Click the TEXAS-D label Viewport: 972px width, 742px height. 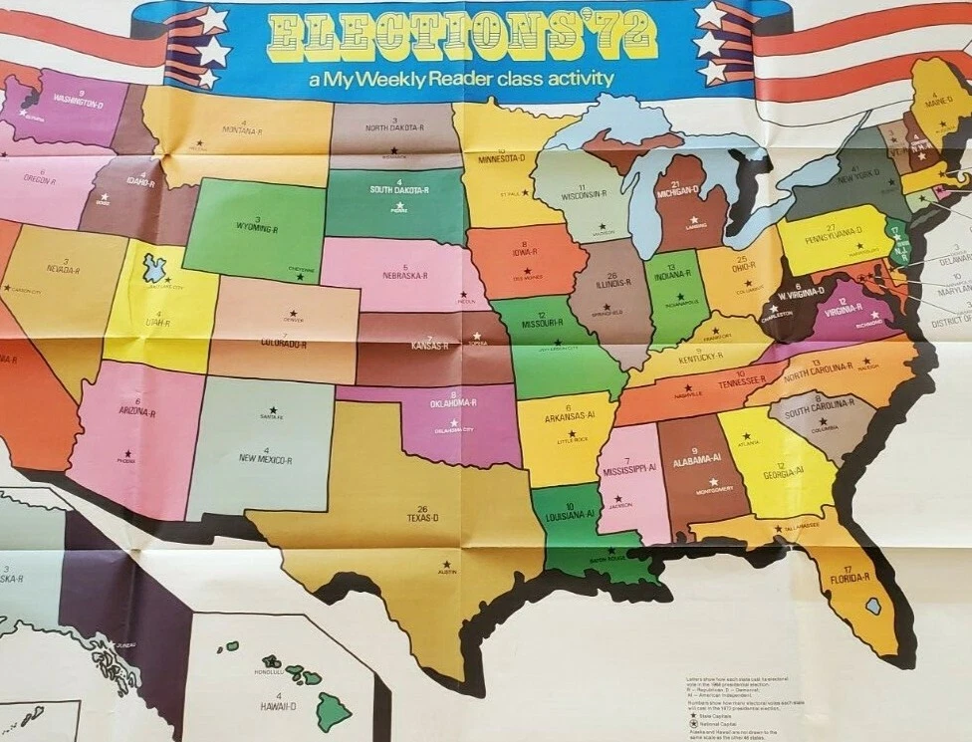pos(423,519)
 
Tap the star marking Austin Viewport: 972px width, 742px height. pos(444,565)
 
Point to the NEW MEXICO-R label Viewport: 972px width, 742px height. pos(265,460)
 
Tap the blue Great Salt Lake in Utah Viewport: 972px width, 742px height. pos(154,267)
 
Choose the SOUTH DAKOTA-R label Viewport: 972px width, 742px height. pos(398,189)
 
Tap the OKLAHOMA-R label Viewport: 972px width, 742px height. pos(454,403)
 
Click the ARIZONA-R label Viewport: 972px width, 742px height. pos(137,410)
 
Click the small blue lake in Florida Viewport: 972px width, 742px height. pos(872,605)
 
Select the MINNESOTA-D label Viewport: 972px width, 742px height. pos(501,158)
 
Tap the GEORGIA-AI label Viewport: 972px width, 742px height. pos(783,473)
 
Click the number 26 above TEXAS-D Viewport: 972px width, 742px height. pos(422,508)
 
